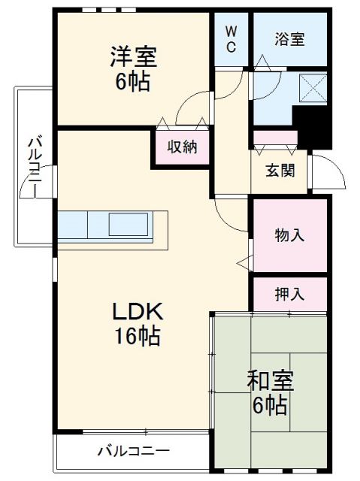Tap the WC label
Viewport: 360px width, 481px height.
point(231,40)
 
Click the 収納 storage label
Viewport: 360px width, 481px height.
point(182,147)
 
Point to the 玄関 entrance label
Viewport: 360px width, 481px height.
point(280,170)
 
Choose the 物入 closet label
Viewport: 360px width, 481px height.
point(289,234)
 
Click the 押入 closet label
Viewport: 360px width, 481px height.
point(289,294)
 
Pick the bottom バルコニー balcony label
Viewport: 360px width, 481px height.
point(133,452)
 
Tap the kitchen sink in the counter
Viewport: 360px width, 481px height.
point(129,224)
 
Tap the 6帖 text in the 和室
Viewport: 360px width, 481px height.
point(270,407)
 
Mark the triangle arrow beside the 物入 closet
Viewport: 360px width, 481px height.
point(244,262)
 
